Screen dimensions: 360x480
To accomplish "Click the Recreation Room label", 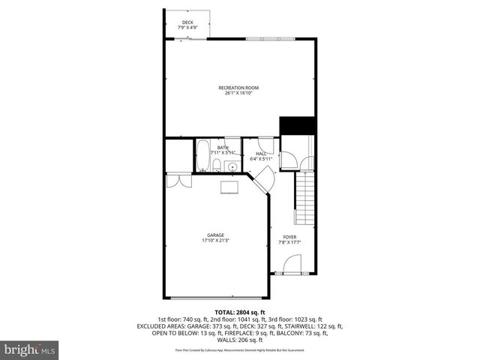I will tap(238, 88).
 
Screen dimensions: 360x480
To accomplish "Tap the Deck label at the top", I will tap(187, 22).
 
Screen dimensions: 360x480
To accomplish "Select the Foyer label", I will tap(289, 237).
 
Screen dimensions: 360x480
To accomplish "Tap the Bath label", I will tap(223, 148).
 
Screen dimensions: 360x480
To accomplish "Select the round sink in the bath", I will tap(232, 166).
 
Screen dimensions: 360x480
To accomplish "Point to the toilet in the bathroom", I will tap(216, 166).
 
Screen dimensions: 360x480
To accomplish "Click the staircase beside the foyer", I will tap(304, 203).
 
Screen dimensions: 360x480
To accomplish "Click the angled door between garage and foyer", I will tap(262, 180).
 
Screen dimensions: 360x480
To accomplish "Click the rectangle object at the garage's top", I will tap(229, 187).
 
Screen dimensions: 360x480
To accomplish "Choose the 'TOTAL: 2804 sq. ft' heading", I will tap(240, 312).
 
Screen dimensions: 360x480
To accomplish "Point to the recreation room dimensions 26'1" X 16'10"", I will tap(238, 94).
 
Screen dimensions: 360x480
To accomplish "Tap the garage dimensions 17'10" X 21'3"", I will tap(216, 241).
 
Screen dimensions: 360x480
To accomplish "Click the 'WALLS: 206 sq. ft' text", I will tap(240, 339).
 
